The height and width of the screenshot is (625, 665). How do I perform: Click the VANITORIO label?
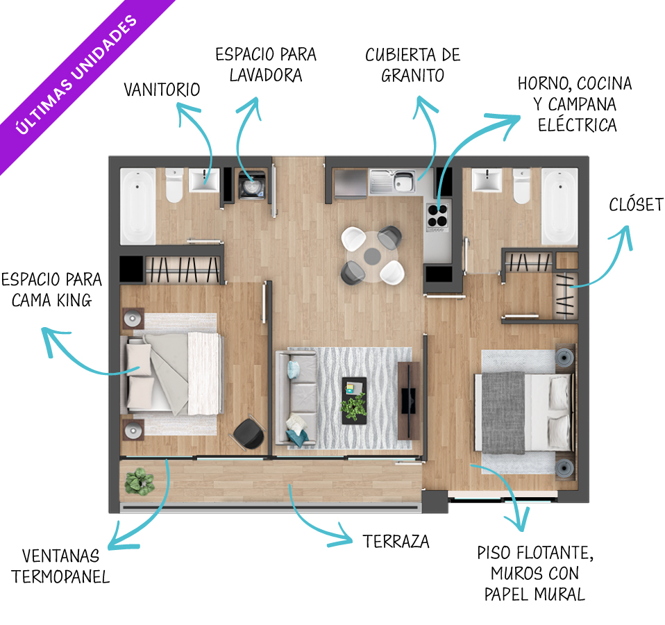point(162,90)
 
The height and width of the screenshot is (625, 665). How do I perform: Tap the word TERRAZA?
point(396,542)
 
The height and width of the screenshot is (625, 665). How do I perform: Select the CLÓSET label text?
point(636,205)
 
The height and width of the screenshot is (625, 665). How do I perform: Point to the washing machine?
point(252,185)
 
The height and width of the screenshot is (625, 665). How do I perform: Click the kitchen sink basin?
point(404,181)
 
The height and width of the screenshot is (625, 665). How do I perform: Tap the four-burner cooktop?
point(439,216)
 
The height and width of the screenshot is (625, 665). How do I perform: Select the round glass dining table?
point(372,256)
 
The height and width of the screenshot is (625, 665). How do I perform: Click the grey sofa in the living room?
point(296,398)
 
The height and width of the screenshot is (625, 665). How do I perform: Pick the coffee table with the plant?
point(355,401)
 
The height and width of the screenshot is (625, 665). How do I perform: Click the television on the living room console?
point(408,401)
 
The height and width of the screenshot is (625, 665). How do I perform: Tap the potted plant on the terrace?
point(139,481)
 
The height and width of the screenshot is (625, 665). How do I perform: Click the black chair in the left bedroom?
point(249,433)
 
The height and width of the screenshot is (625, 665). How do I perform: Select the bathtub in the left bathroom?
point(138,206)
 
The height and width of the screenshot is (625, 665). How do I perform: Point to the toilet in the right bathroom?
point(521,186)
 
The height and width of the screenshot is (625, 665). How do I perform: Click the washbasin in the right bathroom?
point(487,180)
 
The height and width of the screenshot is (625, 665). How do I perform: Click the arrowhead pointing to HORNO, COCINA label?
point(507,123)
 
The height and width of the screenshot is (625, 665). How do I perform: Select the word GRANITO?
point(412,76)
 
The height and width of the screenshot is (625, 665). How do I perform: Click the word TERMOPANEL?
point(60,576)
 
